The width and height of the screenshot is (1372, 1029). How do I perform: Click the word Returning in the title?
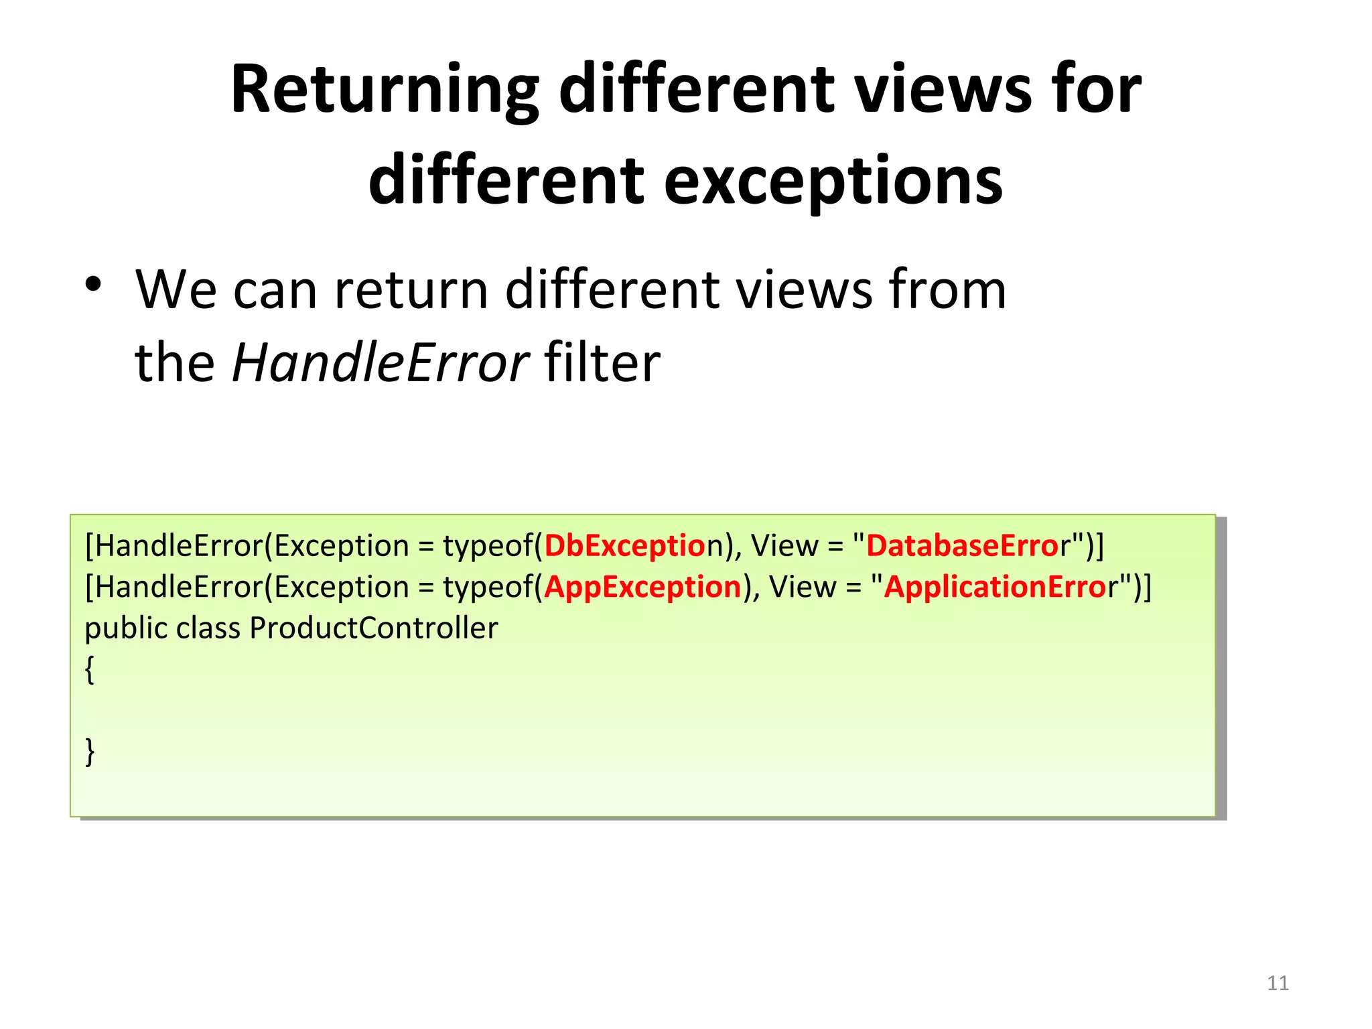pyautogui.click(x=385, y=90)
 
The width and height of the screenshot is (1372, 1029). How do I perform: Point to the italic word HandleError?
pyautogui.click(x=380, y=363)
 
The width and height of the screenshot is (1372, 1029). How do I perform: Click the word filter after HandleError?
pyautogui.click(x=602, y=363)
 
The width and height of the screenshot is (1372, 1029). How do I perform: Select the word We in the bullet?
pyautogui.click(x=176, y=290)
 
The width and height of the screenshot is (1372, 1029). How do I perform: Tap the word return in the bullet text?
pyautogui.click(x=411, y=290)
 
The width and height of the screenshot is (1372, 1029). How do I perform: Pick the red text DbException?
pyautogui.click(x=625, y=546)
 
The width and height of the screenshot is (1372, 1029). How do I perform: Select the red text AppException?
pyautogui.click(x=642, y=588)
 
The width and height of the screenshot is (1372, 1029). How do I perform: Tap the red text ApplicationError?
pyautogui.click(x=995, y=588)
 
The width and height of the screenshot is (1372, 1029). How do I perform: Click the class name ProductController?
pyautogui.click(x=374, y=628)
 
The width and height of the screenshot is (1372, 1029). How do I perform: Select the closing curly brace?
pyautogui.click(x=90, y=752)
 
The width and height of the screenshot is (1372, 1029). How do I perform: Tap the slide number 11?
pyautogui.click(x=1278, y=983)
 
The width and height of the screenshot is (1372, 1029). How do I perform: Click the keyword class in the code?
pyautogui.click(x=208, y=628)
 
